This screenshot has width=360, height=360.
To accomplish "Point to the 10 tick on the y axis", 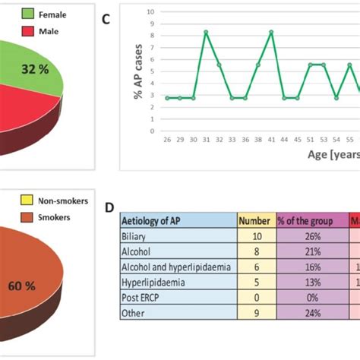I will click(x=151, y=12).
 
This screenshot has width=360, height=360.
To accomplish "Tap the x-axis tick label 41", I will click(x=271, y=140).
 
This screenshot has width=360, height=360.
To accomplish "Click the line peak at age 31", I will click(x=206, y=32).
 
